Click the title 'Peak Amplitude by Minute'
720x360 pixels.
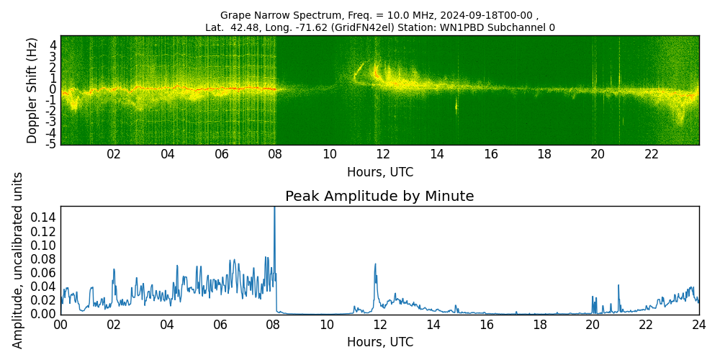point(379,197)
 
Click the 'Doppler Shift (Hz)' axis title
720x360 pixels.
point(32,91)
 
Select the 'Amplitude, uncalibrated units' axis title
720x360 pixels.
point(18,260)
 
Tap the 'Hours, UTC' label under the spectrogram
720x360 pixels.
point(379,173)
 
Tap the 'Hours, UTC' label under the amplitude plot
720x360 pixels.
point(379,342)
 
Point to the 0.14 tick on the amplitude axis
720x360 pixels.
point(43,218)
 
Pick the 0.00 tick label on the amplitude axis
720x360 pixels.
point(43,314)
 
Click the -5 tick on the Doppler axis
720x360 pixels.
point(52,145)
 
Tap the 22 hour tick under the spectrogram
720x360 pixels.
point(652,154)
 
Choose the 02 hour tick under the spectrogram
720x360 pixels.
point(114,154)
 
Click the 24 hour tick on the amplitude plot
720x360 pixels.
point(698,324)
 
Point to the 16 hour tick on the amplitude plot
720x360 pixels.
point(486,324)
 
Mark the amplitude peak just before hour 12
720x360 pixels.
point(375,265)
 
